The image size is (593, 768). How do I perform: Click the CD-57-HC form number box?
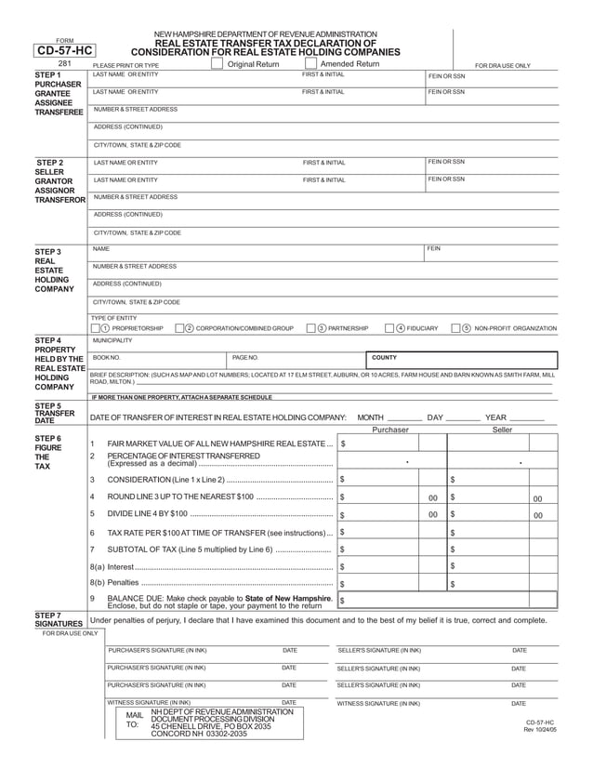point(63,51)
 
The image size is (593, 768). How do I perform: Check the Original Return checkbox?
point(217,64)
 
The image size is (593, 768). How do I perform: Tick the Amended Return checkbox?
point(310,64)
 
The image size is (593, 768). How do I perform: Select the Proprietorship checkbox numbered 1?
point(97,328)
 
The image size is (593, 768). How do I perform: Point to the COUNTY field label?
point(384,357)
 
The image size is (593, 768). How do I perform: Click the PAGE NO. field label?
point(244,357)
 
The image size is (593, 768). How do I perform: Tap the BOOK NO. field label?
point(107,357)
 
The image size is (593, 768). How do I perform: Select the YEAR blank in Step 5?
point(527,418)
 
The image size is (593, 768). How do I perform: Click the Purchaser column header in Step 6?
point(390,430)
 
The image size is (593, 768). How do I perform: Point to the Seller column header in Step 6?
point(502,430)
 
